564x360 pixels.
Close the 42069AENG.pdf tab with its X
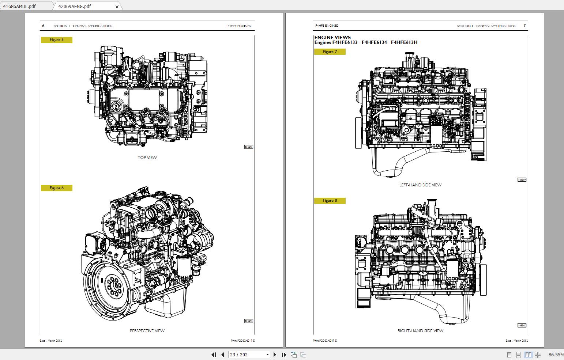coord(117,7)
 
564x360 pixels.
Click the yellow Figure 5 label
coord(57,40)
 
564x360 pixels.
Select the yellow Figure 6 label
coord(57,188)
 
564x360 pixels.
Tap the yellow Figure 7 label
coord(330,52)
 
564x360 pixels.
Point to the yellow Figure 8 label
coord(330,201)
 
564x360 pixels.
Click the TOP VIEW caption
coord(147,158)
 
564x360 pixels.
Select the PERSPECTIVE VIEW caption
coord(147,331)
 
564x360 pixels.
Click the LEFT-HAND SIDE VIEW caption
coord(420,185)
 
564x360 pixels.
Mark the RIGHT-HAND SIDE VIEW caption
coord(420,331)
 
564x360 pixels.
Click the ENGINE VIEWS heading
coord(332,37)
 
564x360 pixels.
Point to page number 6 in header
coord(43,26)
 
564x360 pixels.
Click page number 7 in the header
coord(524,26)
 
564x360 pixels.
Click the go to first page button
coord(214,355)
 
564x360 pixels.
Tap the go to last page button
coord(284,355)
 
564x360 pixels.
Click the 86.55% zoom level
coord(556,355)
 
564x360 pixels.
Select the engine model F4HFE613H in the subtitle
coord(404,42)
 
